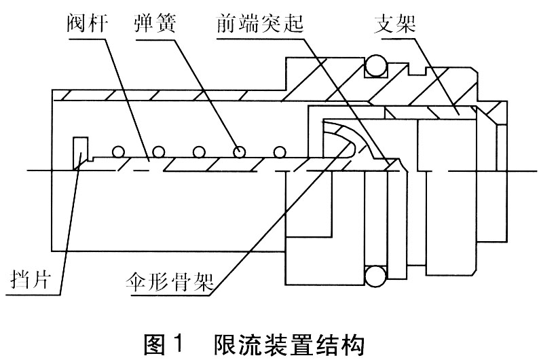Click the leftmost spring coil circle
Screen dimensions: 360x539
120,151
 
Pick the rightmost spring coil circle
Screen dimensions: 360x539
278,151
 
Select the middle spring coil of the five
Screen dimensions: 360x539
200,151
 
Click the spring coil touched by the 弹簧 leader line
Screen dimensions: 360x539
239,151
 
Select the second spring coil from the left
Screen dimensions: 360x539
160,151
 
